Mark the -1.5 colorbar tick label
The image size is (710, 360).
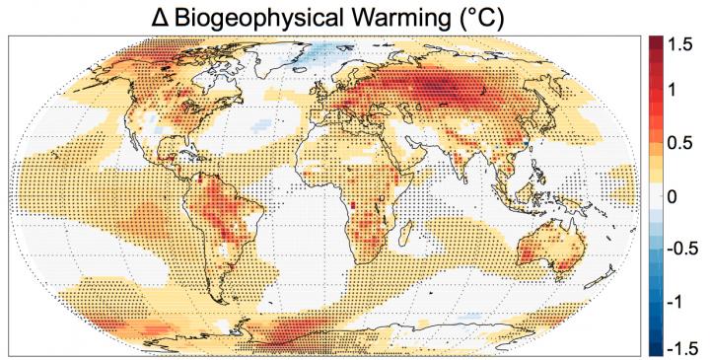click(684, 346)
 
